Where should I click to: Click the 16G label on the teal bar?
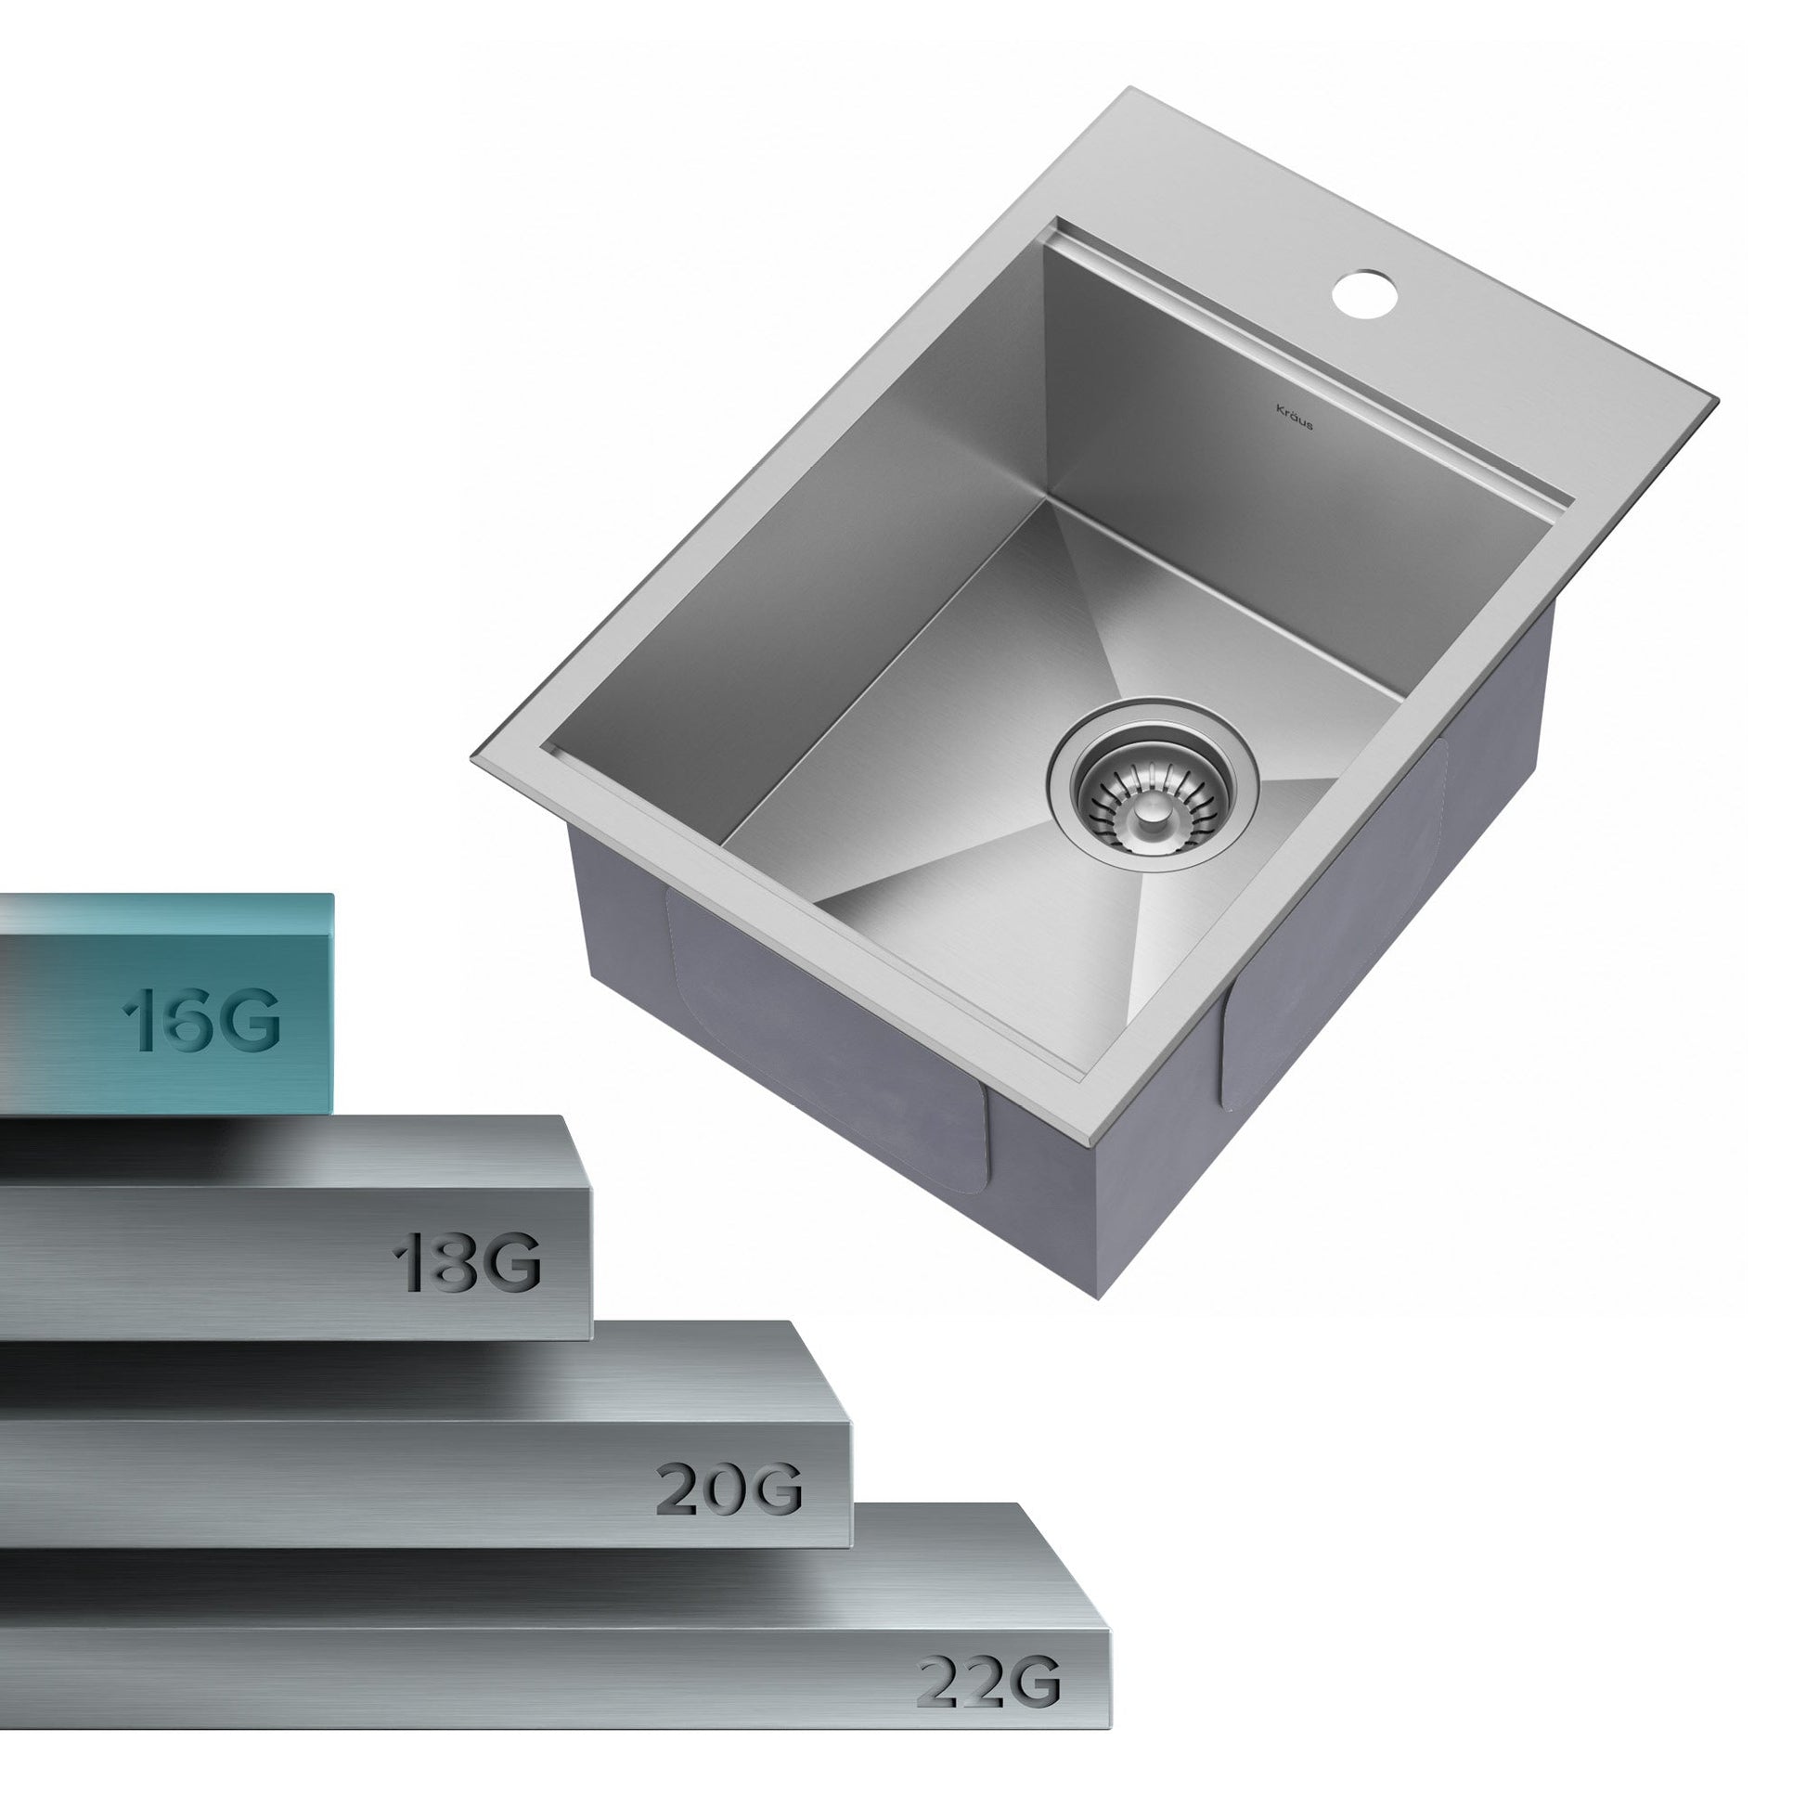pyautogui.click(x=202, y=1020)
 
